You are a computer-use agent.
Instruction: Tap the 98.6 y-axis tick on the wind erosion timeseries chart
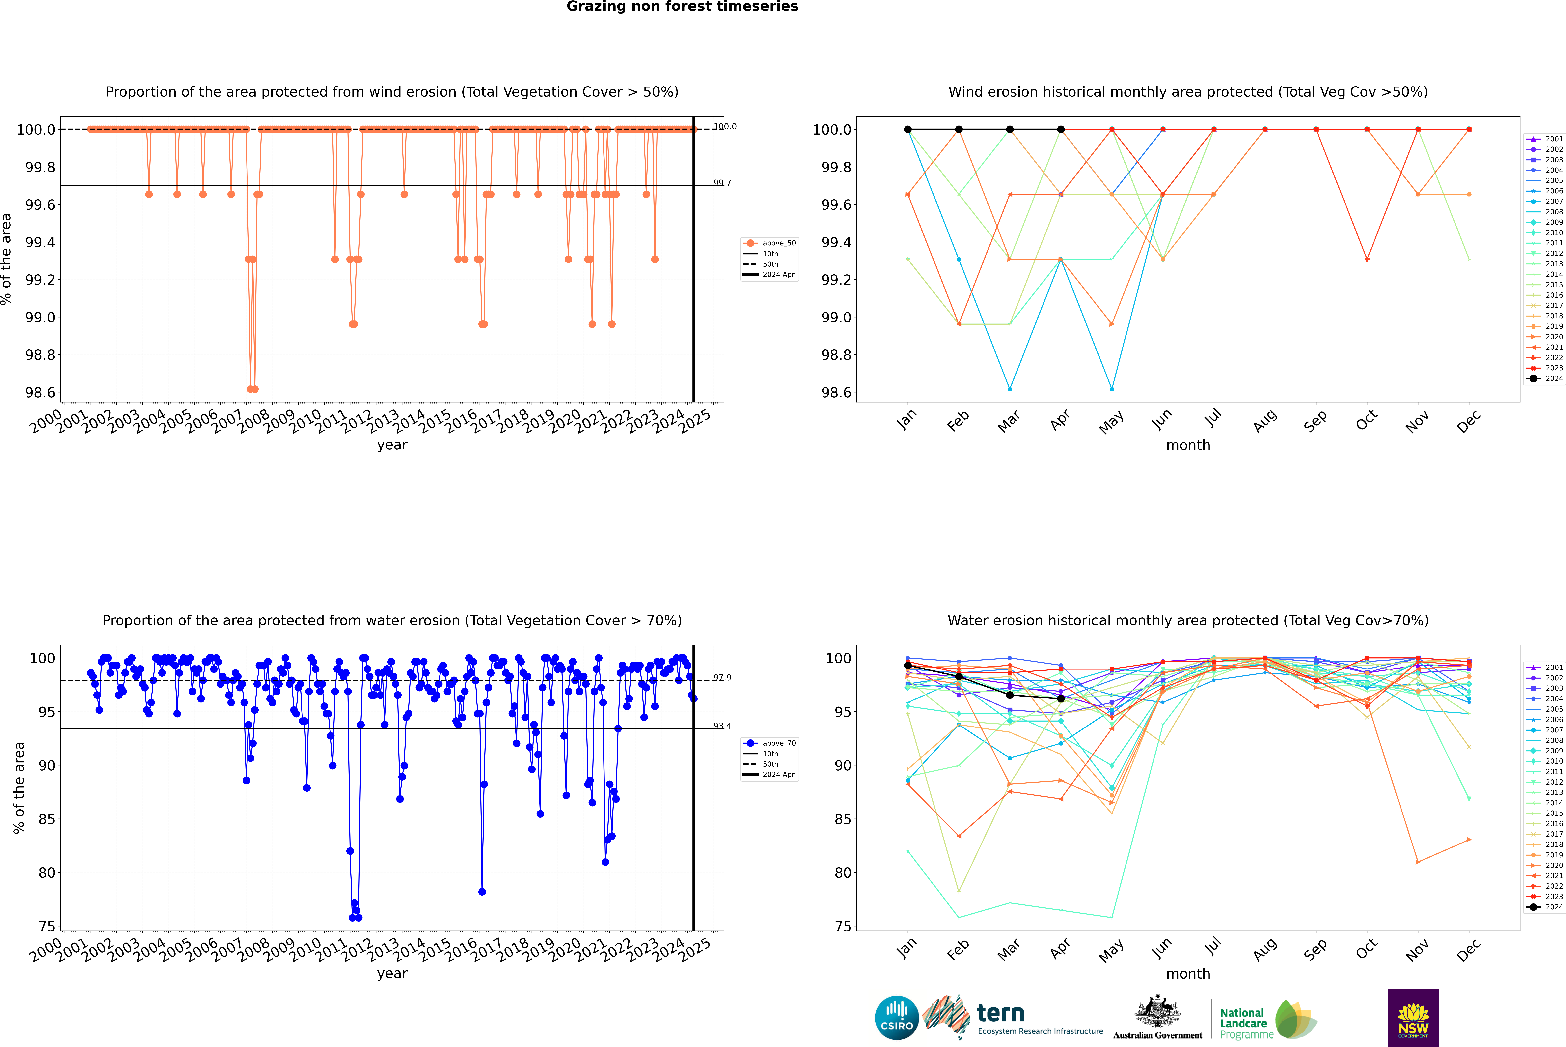coord(40,393)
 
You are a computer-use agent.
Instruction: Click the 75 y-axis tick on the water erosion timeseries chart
coord(47,927)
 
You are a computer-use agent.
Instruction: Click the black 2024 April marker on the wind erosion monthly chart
coord(1061,130)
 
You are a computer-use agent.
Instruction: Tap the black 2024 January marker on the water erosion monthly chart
coord(908,666)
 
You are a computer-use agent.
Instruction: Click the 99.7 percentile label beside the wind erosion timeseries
coord(722,183)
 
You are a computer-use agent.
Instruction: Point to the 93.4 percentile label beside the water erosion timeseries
coord(722,726)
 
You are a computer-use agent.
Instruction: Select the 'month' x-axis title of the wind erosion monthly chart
coord(1187,445)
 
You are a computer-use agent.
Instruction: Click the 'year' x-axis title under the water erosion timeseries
coord(392,974)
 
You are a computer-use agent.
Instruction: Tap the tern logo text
coord(1000,1014)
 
